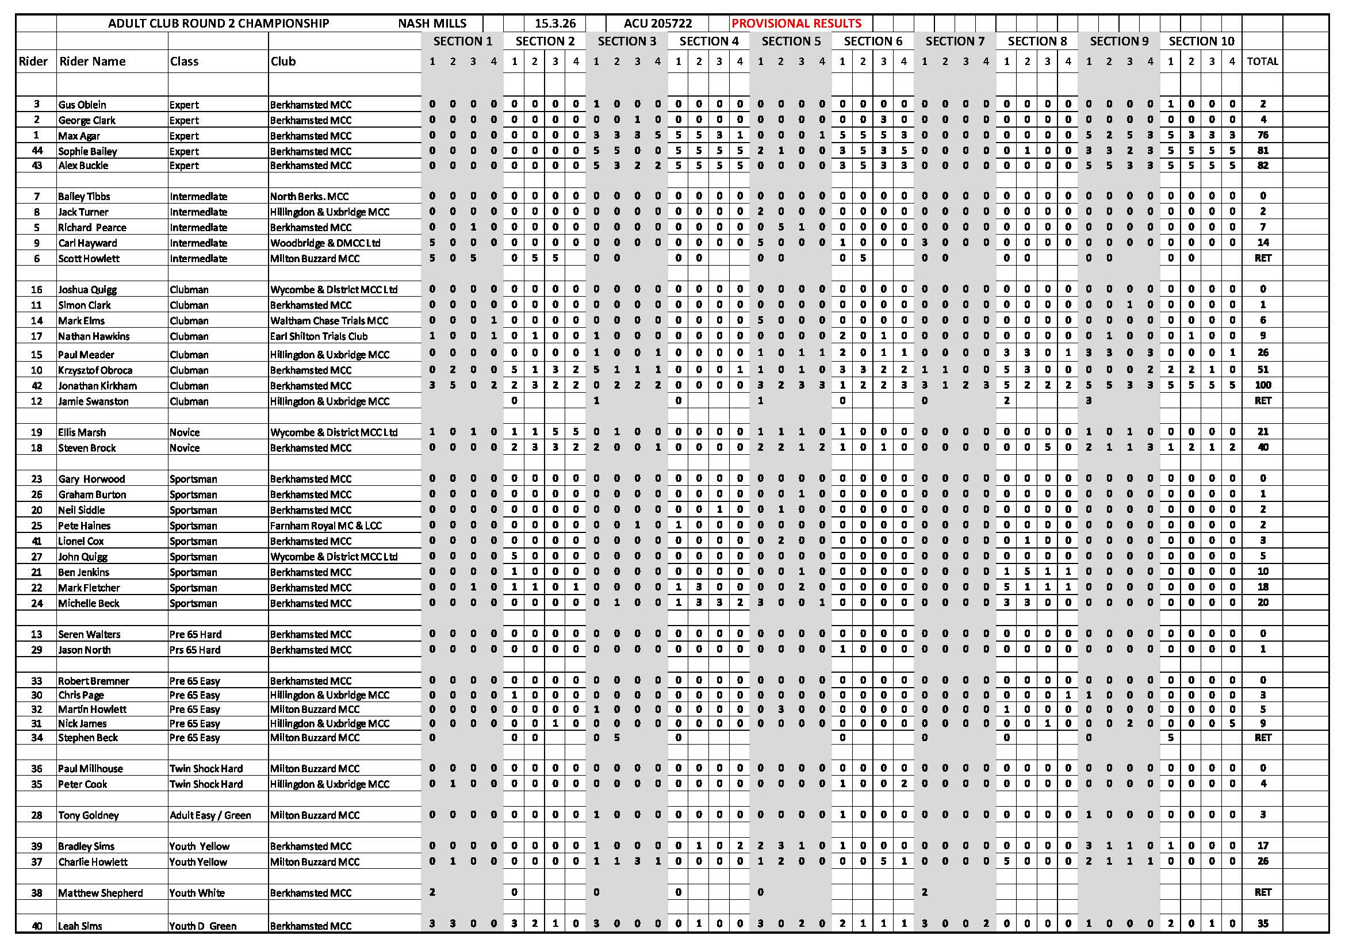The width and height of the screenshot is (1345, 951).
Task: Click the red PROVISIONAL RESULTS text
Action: (x=796, y=24)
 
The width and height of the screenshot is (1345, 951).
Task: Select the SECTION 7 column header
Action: (x=955, y=41)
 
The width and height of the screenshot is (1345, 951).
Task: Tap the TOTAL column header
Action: (x=1262, y=61)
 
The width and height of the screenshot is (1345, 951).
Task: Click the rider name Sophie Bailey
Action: (x=87, y=151)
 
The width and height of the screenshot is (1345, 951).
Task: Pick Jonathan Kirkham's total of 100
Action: (x=1262, y=385)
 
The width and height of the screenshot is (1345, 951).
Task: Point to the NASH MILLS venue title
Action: (x=432, y=24)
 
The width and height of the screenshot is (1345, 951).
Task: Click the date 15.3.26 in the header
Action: (x=555, y=24)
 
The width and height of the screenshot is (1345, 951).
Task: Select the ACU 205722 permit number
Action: (x=657, y=24)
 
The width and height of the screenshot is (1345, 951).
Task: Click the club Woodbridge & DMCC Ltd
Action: (x=325, y=243)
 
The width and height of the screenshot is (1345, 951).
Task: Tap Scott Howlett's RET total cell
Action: (x=1262, y=258)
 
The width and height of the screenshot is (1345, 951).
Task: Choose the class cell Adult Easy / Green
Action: (x=210, y=815)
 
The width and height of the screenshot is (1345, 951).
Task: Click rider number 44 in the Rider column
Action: (x=36, y=151)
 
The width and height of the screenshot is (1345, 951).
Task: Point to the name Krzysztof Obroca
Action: (x=95, y=370)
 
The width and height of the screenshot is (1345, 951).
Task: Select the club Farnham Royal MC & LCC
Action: (x=325, y=526)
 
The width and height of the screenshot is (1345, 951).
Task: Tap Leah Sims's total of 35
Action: (x=1262, y=923)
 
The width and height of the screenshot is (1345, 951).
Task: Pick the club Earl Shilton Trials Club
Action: (x=319, y=336)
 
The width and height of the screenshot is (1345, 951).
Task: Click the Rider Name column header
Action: (x=93, y=62)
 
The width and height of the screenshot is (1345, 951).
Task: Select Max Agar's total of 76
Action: (x=1262, y=135)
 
